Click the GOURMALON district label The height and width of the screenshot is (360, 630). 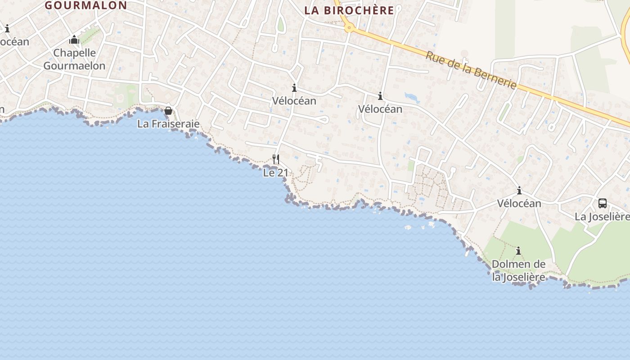click(x=85, y=5)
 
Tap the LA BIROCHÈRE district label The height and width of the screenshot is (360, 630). click(x=349, y=10)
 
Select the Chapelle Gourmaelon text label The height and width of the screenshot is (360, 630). click(x=74, y=59)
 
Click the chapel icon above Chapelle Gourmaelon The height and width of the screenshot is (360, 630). click(x=74, y=40)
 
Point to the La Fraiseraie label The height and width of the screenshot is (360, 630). click(x=168, y=124)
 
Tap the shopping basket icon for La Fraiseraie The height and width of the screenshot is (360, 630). click(x=168, y=111)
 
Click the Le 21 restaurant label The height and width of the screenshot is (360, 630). click(x=275, y=172)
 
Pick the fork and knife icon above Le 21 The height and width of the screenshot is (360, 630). click(x=276, y=159)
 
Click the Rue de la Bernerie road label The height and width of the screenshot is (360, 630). click(x=471, y=70)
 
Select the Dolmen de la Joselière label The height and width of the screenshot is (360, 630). click(x=519, y=270)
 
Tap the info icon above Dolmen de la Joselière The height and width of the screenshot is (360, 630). click(x=518, y=251)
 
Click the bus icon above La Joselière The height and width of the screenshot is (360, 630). click(x=603, y=203)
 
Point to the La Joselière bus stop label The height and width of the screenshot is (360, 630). click(x=602, y=217)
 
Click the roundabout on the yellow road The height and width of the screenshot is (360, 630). click(x=348, y=28)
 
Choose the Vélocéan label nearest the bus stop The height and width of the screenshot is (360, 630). click(x=519, y=203)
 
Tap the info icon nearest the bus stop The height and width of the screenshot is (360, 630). click(x=519, y=190)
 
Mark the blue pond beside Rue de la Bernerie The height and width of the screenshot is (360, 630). click(x=412, y=97)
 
